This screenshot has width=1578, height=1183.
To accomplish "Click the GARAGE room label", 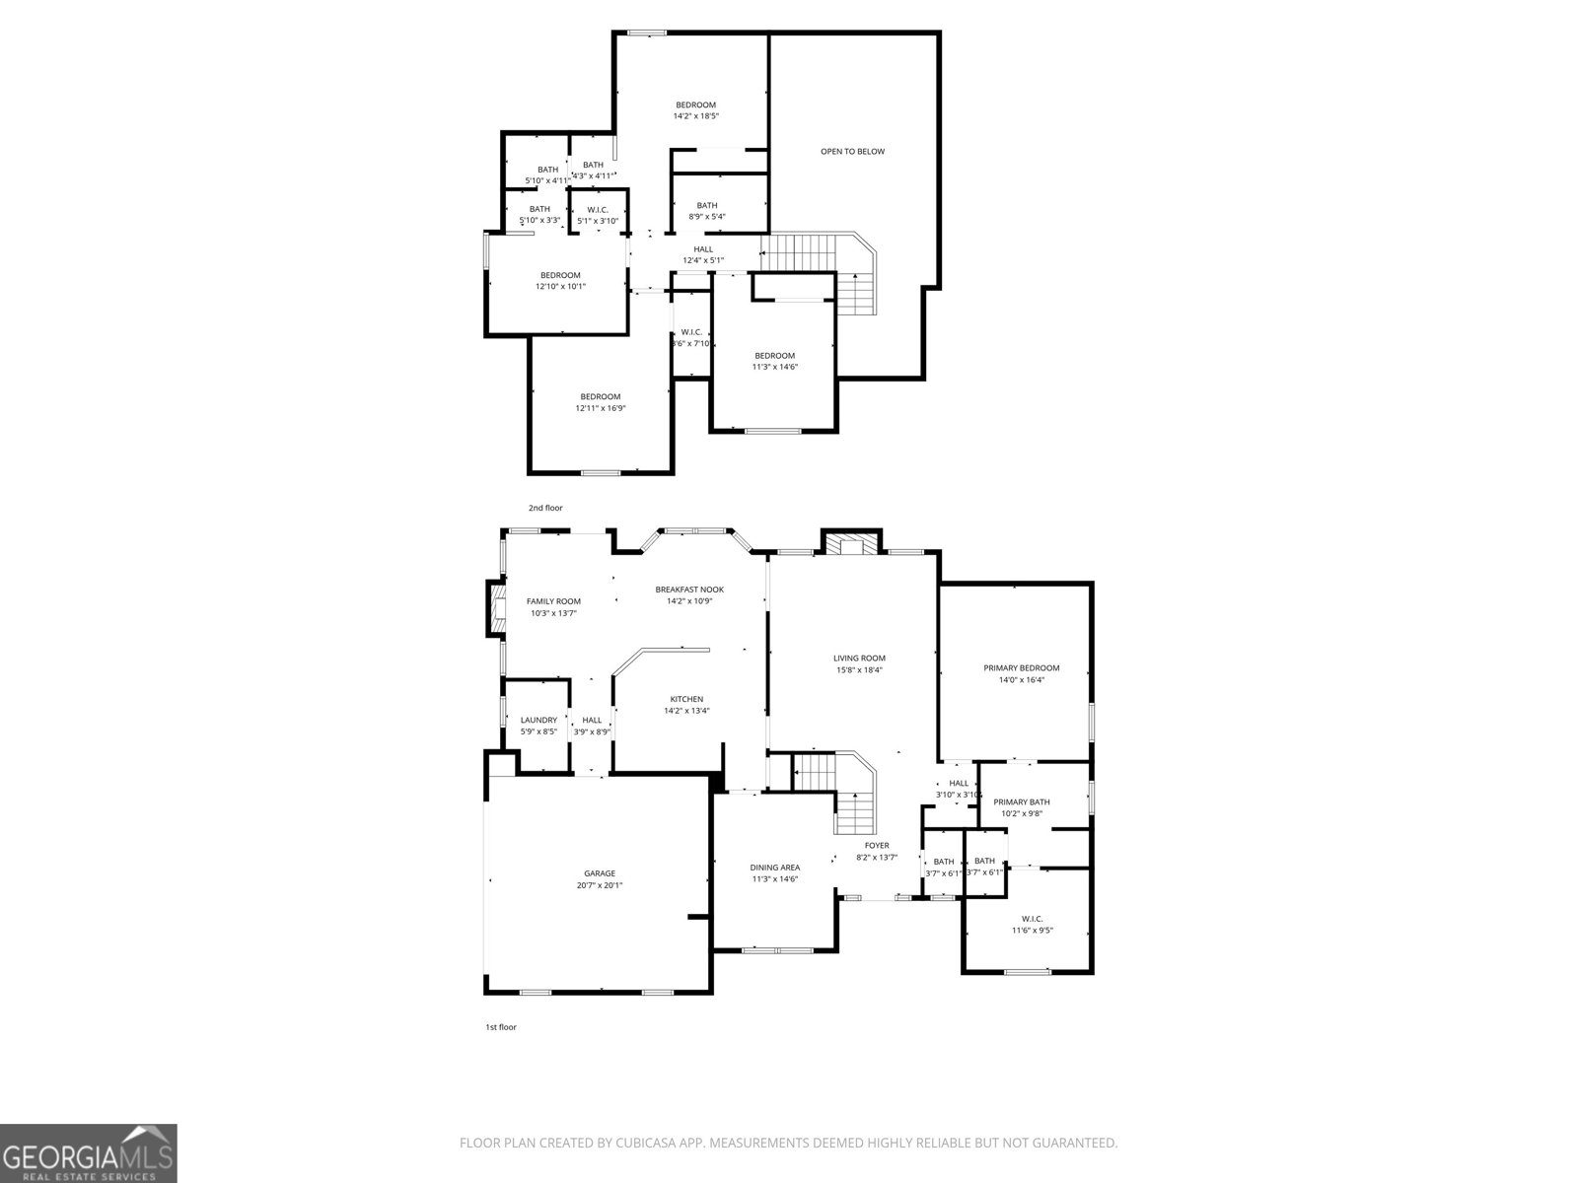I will click(x=599, y=873).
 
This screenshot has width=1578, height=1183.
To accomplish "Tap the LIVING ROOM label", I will click(x=859, y=659).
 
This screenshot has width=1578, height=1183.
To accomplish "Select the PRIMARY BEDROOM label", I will click(x=1021, y=668).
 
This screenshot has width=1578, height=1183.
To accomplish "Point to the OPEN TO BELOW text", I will click(x=852, y=152).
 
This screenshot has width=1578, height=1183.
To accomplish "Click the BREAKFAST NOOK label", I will click(x=689, y=590).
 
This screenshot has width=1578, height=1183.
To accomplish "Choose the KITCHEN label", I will click(x=686, y=699).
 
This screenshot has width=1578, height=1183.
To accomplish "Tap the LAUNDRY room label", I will click(x=538, y=721).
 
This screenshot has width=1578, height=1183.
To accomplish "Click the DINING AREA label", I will click(x=774, y=868).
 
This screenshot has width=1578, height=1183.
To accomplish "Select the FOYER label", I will click(x=876, y=846).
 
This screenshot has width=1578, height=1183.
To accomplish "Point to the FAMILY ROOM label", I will click(x=553, y=601).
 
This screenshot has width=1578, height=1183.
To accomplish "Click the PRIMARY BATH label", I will click(x=1021, y=802).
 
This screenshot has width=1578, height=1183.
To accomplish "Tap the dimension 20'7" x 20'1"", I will click(x=599, y=885).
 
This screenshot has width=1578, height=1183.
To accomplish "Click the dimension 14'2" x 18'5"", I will click(x=695, y=116).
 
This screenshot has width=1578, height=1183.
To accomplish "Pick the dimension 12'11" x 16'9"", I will click(x=600, y=408).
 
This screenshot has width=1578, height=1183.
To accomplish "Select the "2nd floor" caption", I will click(x=544, y=508).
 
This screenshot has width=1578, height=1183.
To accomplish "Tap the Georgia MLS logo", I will click(x=88, y=1152).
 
